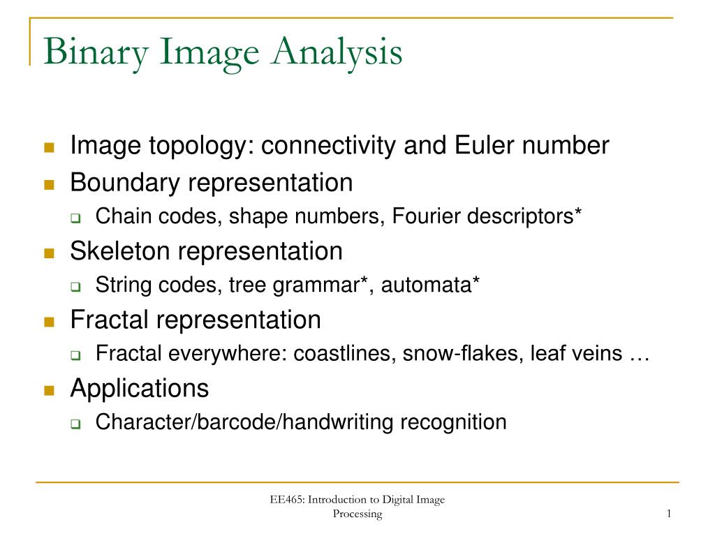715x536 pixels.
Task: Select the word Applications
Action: pos(139,388)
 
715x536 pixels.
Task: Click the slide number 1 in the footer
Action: pos(668,514)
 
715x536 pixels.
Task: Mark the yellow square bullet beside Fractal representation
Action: pos(49,321)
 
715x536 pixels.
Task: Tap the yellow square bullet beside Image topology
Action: pos(49,147)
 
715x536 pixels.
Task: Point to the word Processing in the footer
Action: pos(357,514)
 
